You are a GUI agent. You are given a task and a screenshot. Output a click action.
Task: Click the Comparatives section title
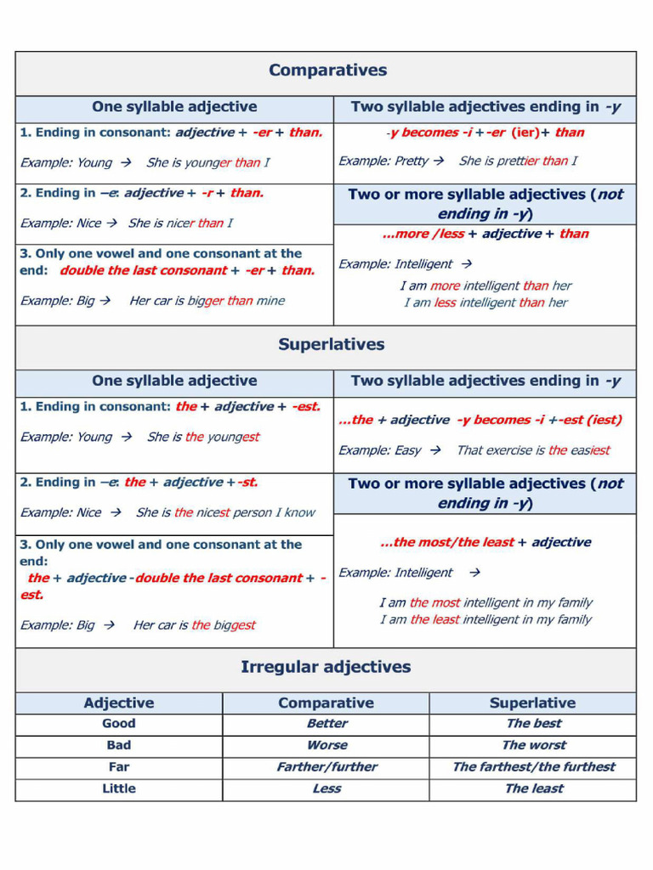point(327,71)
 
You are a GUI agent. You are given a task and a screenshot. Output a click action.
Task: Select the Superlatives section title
point(331,345)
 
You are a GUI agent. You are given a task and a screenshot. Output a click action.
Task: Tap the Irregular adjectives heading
point(326,668)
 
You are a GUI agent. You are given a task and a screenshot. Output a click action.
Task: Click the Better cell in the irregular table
point(326,724)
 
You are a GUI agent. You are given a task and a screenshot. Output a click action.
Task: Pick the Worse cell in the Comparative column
point(326,745)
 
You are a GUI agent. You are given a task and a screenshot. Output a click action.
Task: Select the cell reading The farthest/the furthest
point(533,767)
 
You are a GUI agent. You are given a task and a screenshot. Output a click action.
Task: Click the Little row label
point(119,788)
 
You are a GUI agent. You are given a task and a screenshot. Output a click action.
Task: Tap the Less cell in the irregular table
point(326,788)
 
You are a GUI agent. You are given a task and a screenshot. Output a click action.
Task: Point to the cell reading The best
point(533,724)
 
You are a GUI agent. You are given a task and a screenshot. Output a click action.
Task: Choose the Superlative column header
point(532,703)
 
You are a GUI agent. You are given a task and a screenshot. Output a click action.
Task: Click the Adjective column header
point(119,703)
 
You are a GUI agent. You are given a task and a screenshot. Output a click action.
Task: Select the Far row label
point(119,767)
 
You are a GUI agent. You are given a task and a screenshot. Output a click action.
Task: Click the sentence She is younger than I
point(207,163)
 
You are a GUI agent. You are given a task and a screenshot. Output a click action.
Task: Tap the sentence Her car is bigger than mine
point(207,301)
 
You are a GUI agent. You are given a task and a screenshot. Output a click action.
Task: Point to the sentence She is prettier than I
point(517,161)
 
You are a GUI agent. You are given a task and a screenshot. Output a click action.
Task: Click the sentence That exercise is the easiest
point(533,450)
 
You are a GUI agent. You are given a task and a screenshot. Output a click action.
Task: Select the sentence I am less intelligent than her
point(485,302)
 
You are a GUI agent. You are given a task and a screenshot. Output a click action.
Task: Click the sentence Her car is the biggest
point(194,625)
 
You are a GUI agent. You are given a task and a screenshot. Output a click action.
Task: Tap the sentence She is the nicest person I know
point(225,512)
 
